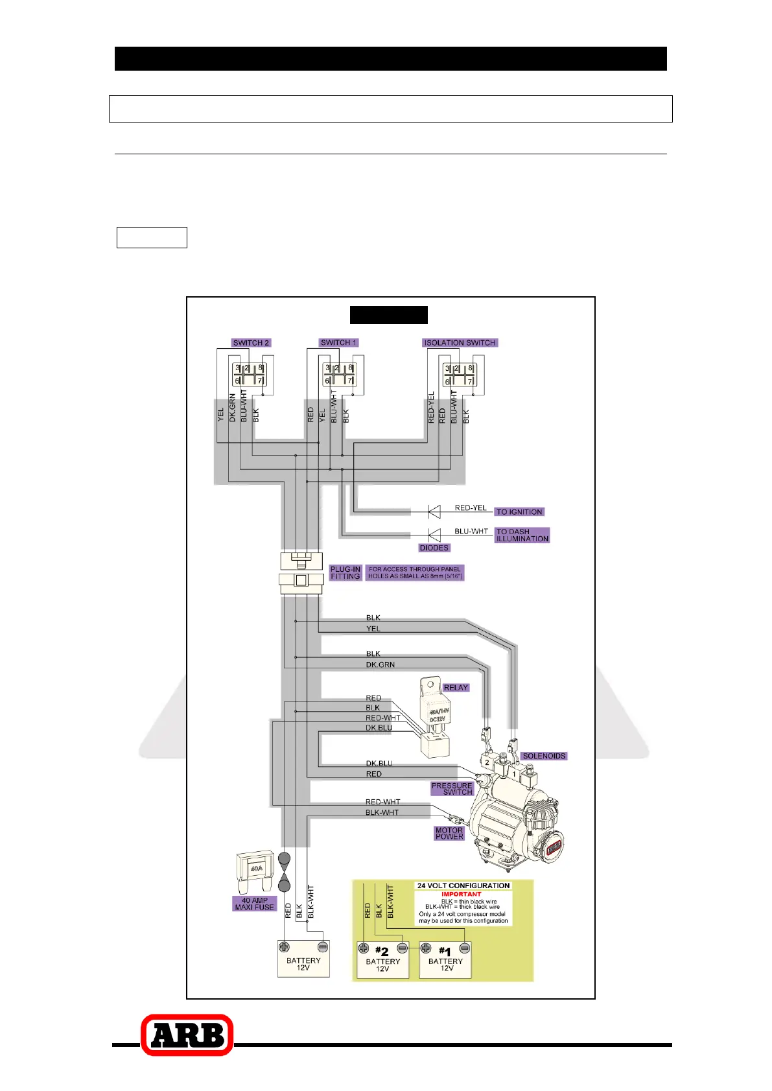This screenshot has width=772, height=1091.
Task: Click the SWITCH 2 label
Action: pyautogui.click(x=251, y=343)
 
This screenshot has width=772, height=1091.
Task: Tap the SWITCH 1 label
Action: pyautogui.click(x=338, y=342)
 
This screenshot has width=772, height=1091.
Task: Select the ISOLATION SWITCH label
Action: pyautogui.click(x=460, y=343)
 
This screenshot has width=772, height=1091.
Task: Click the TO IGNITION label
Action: pyautogui.click(x=519, y=511)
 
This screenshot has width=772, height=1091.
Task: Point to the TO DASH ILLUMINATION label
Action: pyautogui.click(x=522, y=535)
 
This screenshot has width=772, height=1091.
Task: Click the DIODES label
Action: pyautogui.click(x=434, y=548)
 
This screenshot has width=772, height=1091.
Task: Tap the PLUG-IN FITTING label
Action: pyautogui.click(x=345, y=573)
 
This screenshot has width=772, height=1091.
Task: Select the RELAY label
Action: pyautogui.click(x=456, y=687)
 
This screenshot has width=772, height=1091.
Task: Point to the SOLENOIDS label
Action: pyautogui.click(x=544, y=756)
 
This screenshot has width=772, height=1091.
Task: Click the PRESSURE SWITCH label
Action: pyautogui.click(x=452, y=788)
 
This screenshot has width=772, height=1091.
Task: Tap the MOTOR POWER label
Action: pyautogui.click(x=449, y=833)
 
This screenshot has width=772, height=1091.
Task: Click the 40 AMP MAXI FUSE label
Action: pyautogui.click(x=254, y=904)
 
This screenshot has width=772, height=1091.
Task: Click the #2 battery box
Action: pyautogui.click(x=382, y=959)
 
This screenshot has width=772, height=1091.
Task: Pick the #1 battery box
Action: pyautogui.click(x=445, y=959)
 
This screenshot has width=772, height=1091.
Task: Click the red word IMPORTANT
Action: pyautogui.click(x=462, y=894)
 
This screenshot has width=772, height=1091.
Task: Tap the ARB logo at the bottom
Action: pyautogui.click(x=187, y=1035)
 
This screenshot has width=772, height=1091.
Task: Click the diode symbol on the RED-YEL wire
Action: pyautogui.click(x=434, y=511)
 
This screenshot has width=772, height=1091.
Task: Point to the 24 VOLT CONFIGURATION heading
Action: pyautogui.click(x=463, y=886)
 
